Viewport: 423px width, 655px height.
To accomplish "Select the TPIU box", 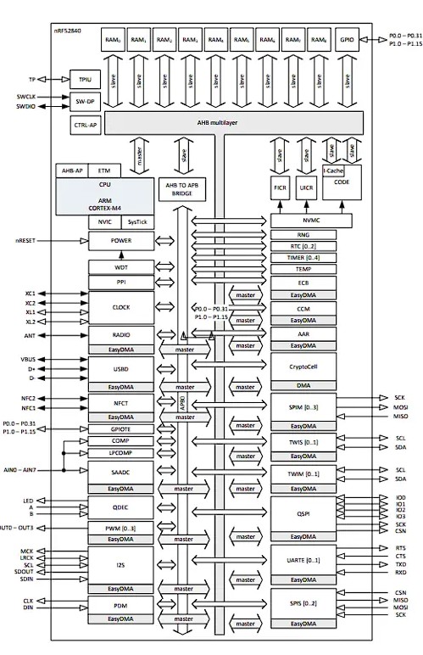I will tap(84, 78).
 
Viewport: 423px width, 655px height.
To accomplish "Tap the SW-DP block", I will tap(84, 101).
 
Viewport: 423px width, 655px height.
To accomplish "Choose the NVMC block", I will tap(303, 221).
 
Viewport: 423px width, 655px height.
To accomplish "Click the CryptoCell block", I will tap(303, 366).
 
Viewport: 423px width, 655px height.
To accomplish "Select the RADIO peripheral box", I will tap(120, 335).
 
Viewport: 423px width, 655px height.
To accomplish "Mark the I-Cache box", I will tap(335, 171).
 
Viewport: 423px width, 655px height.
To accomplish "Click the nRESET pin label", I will tap(25, 240).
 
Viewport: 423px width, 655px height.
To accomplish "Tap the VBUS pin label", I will tap(27, 359).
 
